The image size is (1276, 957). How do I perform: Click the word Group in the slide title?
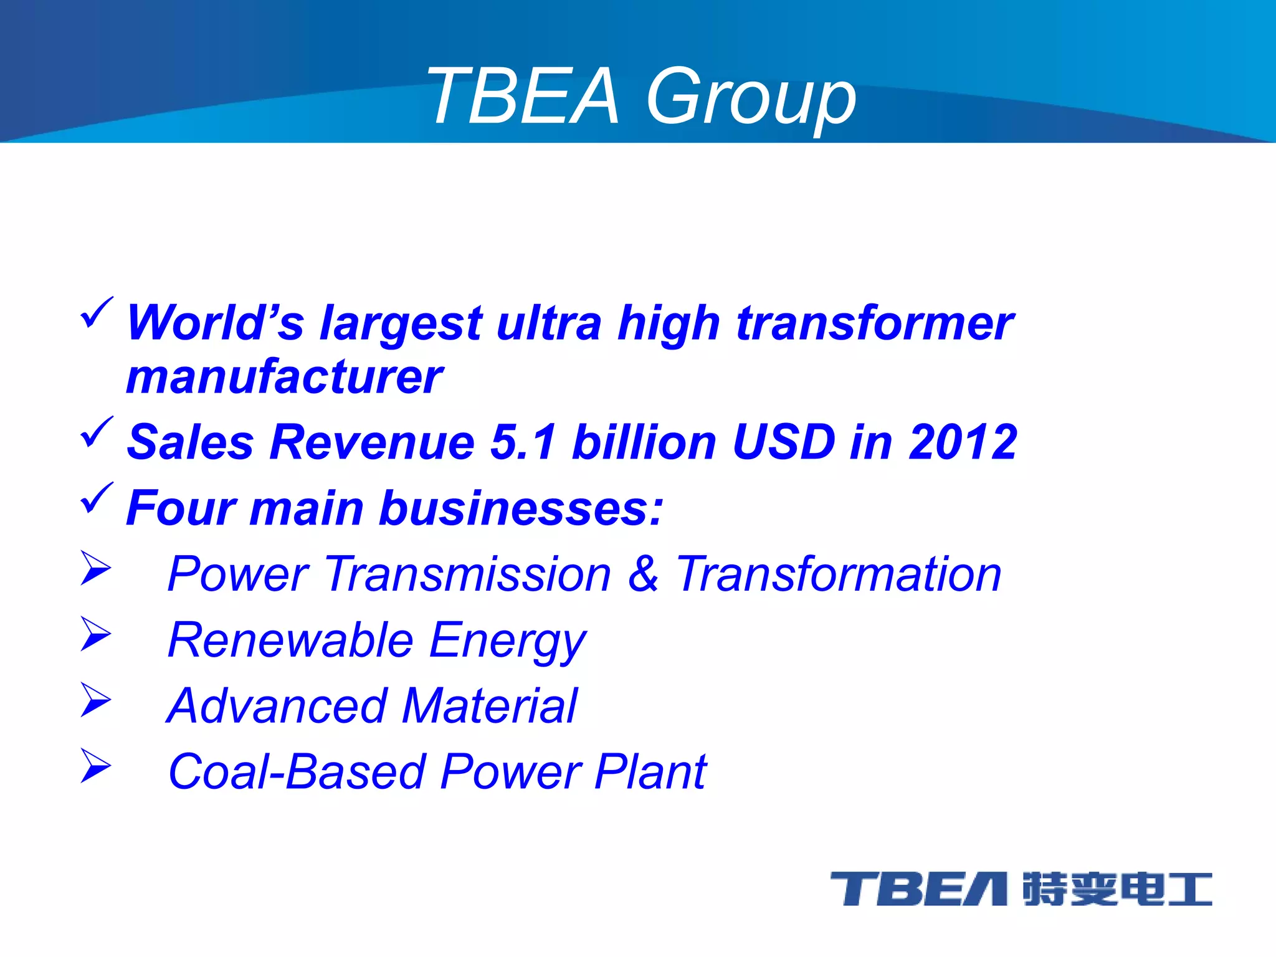pos(751,97)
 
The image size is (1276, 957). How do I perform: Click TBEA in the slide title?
pos(523,97)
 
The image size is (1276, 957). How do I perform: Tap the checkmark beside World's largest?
pos(97,313)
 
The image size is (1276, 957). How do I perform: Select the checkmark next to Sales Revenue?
pos(97,432)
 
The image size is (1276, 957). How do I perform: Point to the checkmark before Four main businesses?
pos(97,498)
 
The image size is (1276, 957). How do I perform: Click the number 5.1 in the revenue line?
pos(523,442)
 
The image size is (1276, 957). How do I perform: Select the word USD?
pos(784,442)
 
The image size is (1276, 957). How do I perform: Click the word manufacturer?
pos(284,378)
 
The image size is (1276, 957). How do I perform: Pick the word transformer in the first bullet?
pos(875,323)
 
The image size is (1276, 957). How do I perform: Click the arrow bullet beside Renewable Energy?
pos(95,634)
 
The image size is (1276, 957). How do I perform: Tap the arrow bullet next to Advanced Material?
pos(95,700)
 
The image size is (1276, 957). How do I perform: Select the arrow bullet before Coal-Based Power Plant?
pos(95,766)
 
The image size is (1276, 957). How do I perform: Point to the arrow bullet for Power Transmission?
pos(95,568)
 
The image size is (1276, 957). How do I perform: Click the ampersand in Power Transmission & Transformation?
pos(643,574)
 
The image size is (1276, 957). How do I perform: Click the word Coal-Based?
pos(297,772)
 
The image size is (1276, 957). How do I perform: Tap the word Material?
pos(490,706)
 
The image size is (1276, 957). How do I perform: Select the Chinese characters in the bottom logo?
pos(1117,889)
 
